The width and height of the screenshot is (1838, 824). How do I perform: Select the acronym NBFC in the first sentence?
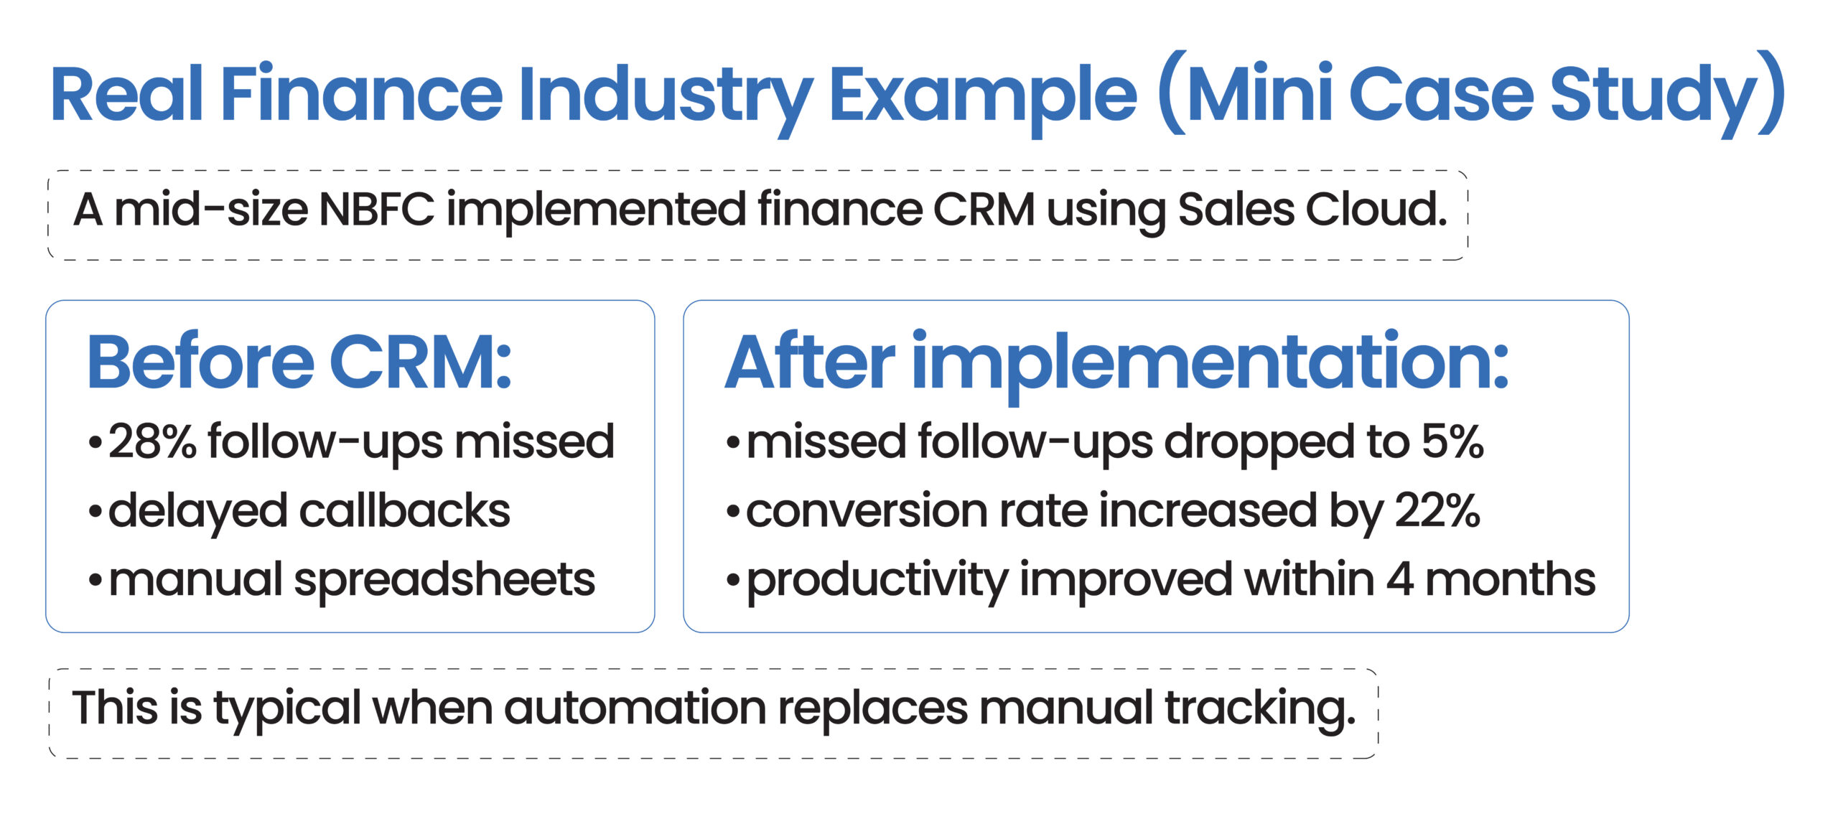376,210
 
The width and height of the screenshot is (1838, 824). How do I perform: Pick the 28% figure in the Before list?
152,441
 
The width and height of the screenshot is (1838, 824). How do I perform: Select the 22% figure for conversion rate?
1437,510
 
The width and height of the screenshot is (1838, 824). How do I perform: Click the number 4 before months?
1400,579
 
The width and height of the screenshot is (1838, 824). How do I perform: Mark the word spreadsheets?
444,579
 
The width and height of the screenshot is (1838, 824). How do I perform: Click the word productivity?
877,579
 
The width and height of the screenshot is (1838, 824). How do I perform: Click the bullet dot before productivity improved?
732,581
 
